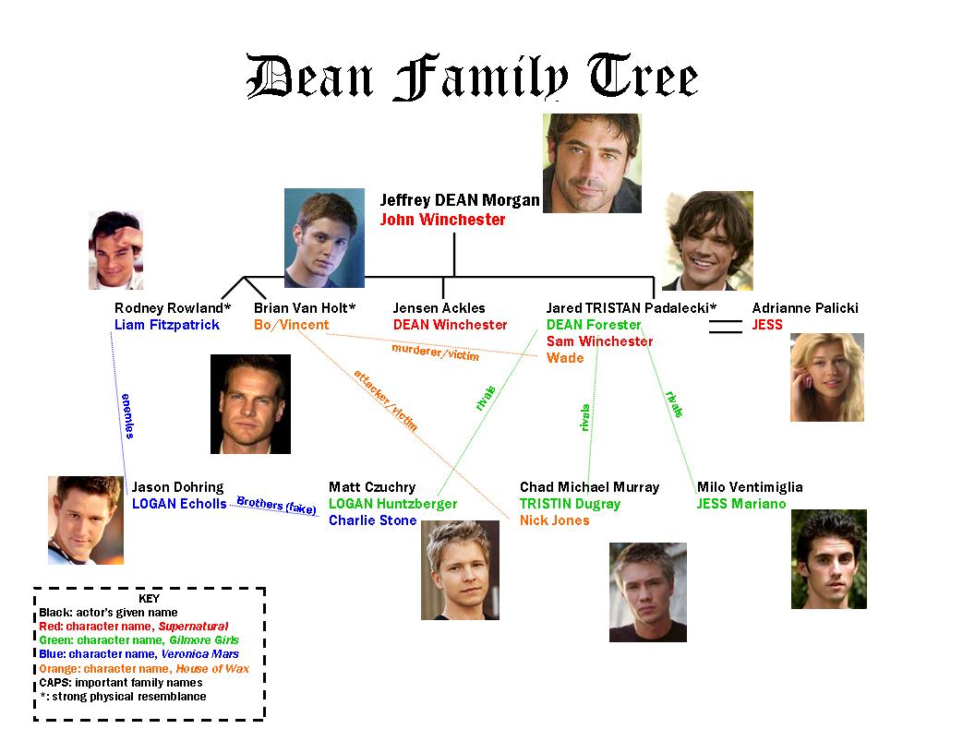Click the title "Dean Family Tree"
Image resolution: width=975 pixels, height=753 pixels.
pyautogui.click(x=472, y=77)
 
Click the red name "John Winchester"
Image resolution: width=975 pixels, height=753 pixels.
pyautogui.click(x=442, y=220)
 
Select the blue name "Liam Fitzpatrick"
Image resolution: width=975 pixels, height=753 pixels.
pyautogui.click(x=166, y=325)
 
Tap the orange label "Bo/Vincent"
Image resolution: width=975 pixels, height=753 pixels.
pyautogui.click(x=291, y=325)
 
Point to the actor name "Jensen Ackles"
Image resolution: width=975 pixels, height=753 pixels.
pyautogui.click(x=439, y=308)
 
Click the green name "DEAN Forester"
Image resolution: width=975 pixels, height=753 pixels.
pyautogui.click(x=593, y=325)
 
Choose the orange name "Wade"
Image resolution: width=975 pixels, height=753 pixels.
pyautogui.click(x=565, y=358)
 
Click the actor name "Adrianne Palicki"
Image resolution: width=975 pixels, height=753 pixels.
pyautogui.click(x=804, y=308)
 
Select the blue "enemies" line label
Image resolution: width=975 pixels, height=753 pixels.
pyautogui.click(x=127, y=415)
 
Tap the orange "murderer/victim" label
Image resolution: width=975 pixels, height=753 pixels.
pyautogui.click(x=435, y=353)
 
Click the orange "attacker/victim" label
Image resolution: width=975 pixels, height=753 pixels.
pyautogui.click(x=386, y=400)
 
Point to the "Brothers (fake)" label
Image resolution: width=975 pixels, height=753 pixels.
pyautogui.click(x=277, y=505)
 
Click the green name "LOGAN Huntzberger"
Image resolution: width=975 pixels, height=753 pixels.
pyautogui.click(x=393, y=504)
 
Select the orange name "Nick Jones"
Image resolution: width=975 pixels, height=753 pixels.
pyautogui.click(x=555, y=520)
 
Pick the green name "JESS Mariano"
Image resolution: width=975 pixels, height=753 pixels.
pyautogui.click(x=741, y=504)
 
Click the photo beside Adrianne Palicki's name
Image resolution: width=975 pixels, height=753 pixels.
pyautogui.click(x=827, y=377)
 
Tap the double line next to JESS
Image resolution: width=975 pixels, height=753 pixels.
pyautogui.click(x=726, y=327)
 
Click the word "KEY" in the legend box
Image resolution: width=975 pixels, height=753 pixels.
pyautogui.click(x=150, y=598)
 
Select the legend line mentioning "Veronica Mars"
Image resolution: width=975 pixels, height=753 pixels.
pyautogui.click(x=138, y=654)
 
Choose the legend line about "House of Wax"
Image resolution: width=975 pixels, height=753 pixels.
pyautogui.click(x=144, y=668)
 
